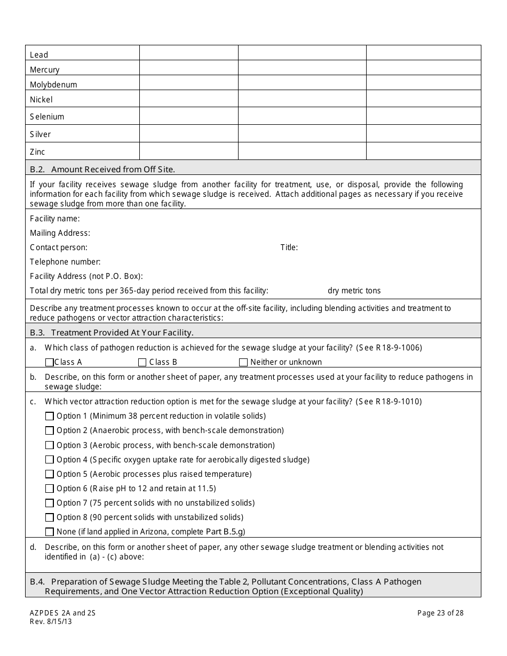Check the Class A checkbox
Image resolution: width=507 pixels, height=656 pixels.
[50, 362]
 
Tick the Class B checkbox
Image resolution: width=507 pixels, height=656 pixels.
[142, 362]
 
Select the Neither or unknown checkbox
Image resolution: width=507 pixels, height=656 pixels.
[243, 362]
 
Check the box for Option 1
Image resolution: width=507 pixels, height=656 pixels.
[50, 416]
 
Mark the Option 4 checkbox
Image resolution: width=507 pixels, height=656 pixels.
[50, 460]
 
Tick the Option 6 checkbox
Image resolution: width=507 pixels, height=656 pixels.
[50, 489]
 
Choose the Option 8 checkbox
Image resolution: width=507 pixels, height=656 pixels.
[50, 517]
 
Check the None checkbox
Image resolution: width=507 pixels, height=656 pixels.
[50, 532]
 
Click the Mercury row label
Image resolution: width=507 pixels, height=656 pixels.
[45, 70]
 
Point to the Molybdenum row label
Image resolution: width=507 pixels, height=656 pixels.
[53, 85]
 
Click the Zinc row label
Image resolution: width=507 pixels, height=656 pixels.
[37, 152]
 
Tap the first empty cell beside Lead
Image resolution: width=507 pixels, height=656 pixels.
[188, 53]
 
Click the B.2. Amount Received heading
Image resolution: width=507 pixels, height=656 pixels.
[102, 170]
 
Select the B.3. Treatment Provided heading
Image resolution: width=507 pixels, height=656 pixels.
[112, 333]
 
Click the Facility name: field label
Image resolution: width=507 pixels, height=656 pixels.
[55, 219]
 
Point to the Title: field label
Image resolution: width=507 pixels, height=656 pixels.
[289, 247]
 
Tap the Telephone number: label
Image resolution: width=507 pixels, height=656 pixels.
[65, 262]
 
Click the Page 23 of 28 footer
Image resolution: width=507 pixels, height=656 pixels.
[440, 613]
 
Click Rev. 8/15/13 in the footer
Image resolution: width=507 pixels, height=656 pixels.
[51, 621]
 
